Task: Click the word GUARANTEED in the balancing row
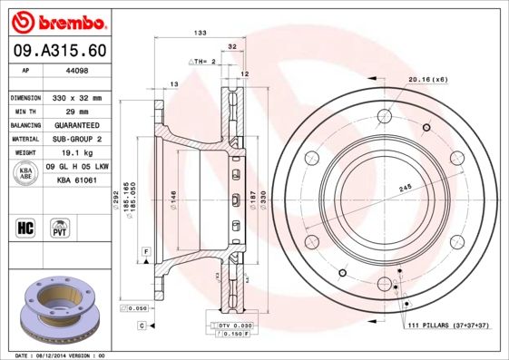74,125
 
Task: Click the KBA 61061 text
77,181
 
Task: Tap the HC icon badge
25,226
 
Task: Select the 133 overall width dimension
200,33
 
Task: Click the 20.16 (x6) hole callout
428,80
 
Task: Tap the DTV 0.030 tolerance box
232,325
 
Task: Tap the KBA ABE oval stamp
26,173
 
